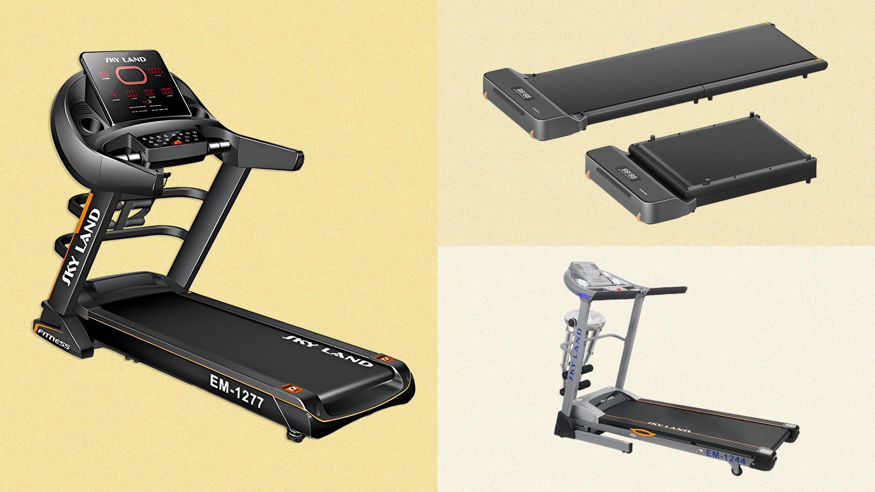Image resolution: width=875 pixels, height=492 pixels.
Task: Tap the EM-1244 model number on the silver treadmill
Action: [x=725, y=457]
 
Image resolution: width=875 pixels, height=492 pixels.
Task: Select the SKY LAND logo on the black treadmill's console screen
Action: [x=126, y=59]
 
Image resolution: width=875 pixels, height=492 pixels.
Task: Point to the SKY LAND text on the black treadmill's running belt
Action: [x=327, y=349]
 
